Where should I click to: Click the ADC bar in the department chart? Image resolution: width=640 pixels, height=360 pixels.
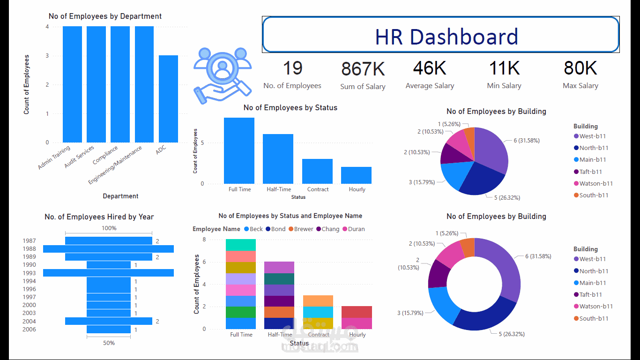[168, 98]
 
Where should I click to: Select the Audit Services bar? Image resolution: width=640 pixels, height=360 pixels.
[96, 84]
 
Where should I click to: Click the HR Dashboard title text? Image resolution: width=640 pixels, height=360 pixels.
[446, 37]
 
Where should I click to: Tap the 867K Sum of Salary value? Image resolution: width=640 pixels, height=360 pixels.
[363, 69]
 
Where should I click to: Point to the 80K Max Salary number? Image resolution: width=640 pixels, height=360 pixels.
[580, 68]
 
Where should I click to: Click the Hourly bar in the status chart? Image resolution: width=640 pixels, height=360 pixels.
[356, 175]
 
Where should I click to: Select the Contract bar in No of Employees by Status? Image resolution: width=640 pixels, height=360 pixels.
[317, 171]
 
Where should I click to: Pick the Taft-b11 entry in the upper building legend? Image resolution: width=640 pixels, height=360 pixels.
[590, 172]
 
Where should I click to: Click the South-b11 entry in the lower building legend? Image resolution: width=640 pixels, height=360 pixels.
[594, 318]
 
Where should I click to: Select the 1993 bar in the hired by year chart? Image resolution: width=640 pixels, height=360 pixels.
[108, 273]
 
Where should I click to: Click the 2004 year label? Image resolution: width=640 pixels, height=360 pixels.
[29, 322]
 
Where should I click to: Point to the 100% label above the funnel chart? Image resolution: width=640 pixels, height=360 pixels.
[109, 228]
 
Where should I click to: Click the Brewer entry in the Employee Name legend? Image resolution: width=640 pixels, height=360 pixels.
[303, 229]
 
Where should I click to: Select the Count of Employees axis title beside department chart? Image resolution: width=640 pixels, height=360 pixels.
[27, 84]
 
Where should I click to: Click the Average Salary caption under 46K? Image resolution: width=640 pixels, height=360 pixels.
[430, 86]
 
